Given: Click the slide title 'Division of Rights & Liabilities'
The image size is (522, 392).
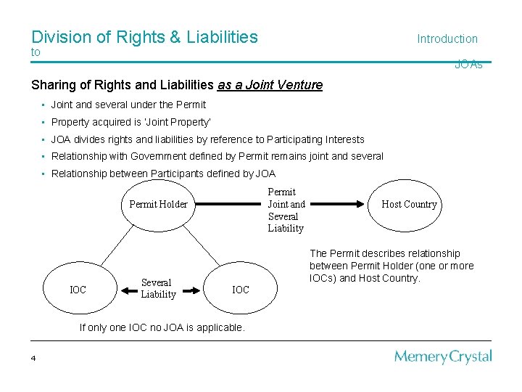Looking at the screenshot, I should coord(144,36).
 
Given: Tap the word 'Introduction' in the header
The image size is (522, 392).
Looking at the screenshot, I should coord(447,38).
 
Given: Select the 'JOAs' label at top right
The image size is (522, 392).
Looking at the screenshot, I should coord(468,65).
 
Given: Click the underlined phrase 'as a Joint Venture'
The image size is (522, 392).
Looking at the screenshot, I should coord(270,85).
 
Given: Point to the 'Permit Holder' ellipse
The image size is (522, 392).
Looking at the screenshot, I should coord(158,204).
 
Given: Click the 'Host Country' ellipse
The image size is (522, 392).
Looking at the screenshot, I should coord(409,204).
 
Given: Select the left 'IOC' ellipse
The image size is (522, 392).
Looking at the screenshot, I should coord(78,290).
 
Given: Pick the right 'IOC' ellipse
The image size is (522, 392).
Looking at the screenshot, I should coord(240,290).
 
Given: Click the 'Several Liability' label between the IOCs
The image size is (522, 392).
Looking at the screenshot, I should coord(158,288).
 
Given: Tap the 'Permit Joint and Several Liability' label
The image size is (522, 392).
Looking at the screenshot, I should coord(286,210).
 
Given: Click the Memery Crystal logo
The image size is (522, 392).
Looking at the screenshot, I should coord(443,356).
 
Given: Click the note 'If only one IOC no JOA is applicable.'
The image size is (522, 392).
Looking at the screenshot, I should coord(162,327).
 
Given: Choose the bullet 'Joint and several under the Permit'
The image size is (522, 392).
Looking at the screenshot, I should coord(128,105).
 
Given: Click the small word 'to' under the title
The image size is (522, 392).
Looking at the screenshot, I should coord(36,52).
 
